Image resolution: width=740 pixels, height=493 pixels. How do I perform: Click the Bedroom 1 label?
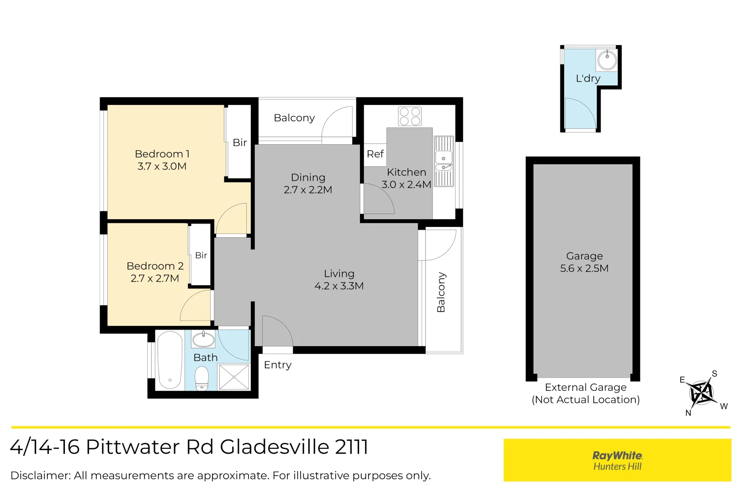tap(162, 154)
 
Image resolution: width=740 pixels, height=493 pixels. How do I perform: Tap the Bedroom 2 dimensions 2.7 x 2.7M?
tap(154, 278)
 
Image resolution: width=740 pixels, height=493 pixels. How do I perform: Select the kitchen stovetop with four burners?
tap(410, 116)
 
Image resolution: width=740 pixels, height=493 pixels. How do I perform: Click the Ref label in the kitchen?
tap(375, 154)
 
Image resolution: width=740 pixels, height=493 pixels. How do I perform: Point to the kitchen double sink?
tap(444, 162)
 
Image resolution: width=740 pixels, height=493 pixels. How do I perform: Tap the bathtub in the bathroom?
tap(170, 361)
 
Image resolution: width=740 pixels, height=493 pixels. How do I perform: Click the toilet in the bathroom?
tap(201, 379)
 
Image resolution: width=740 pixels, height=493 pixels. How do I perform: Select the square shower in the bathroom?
tap(234, 377)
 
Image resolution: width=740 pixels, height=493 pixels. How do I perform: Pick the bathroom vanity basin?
tap(203, 339)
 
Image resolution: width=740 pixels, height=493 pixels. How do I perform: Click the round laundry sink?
tap(607, 60)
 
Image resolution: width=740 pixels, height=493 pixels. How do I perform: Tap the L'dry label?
tap(588, 79)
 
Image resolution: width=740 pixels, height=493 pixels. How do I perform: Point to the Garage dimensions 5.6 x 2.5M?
tap(584, 268)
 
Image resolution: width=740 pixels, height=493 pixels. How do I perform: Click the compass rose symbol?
tap(701, 393)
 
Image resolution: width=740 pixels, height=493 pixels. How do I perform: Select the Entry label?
tap(278, 365)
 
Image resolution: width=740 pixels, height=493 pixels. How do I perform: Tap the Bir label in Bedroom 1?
tap(239, 142)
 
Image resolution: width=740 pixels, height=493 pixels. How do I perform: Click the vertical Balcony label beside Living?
tap(441, 292)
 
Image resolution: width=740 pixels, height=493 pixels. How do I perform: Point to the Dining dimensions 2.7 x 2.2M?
tap(308, 190)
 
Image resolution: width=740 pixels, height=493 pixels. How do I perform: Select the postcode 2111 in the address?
tap(352, 447)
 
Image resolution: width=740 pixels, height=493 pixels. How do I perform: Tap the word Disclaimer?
tap(41, 476)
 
